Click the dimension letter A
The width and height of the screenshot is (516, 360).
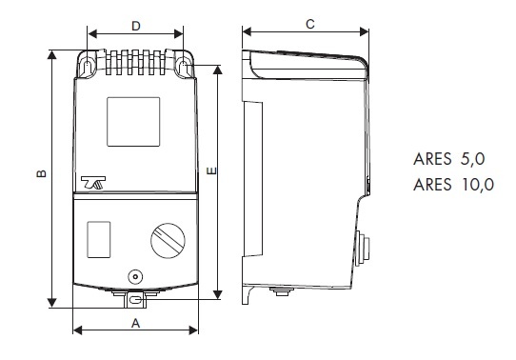[x=135, y=324]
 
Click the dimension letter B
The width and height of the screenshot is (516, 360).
[x=42, y=173]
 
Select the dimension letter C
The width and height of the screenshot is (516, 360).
[x=310, y=24]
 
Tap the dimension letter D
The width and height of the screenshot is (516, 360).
[x=136, y=26]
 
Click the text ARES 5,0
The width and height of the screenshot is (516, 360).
[x=449, y=159]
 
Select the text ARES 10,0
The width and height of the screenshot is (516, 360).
[x=454, y=184]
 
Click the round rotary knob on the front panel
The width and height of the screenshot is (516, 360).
[x=168, y=241]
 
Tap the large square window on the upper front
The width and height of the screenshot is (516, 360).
[x=133, y=122]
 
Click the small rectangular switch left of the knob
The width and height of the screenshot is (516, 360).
[x=99, y=240]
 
